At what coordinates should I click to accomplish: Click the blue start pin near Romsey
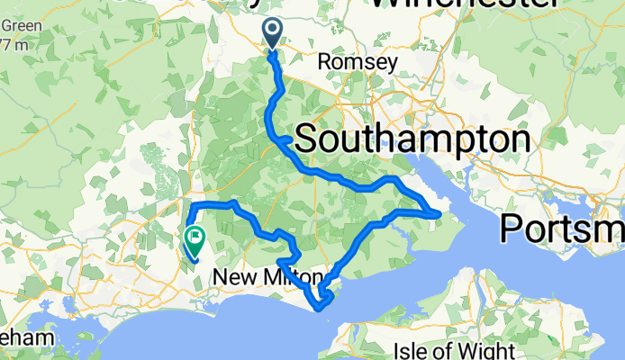coord(273,35)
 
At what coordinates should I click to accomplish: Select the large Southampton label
coord(412,139)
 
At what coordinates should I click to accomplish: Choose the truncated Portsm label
coord(564,228)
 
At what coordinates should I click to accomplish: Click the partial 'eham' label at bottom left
coord(20,337)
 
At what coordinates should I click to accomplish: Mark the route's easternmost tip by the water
coord(439,213)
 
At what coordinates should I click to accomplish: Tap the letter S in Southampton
coord(307,139)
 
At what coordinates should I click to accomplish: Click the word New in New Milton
coord(230,279)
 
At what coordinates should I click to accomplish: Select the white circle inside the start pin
coord(273,31)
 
